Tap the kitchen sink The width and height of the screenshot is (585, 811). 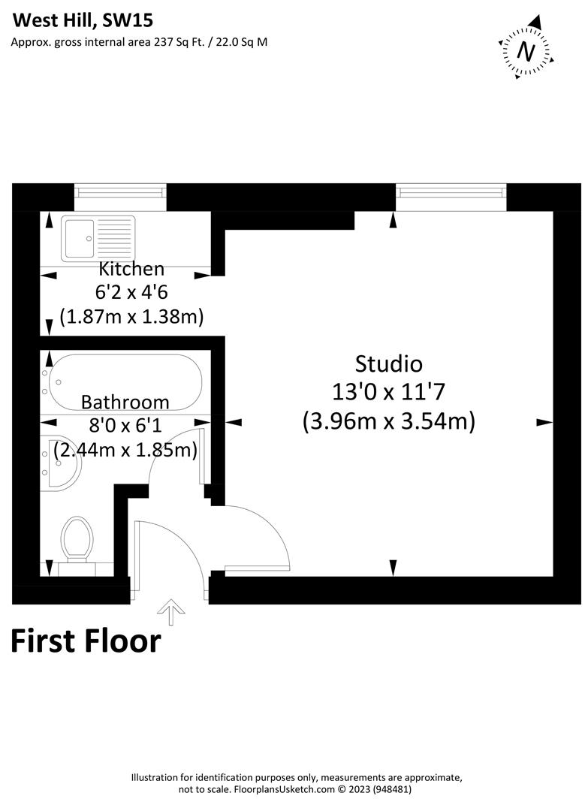point(98,237)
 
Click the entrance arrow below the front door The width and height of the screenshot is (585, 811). point(173,612)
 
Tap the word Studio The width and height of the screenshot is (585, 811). point(388,364)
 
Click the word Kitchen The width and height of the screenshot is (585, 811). point(131,269)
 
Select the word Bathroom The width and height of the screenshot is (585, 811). point(125,402)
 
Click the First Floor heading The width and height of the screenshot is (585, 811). point(86,641)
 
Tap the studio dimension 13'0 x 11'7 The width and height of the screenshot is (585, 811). point(388,392)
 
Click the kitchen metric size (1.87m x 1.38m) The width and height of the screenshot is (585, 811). point(131,317)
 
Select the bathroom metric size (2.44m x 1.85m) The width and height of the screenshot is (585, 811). point(125,451)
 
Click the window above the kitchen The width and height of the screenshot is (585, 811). point(120,194)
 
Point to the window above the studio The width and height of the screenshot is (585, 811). point(451,194)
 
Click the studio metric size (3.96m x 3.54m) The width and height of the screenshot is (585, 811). point(388,421)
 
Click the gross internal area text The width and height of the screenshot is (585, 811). point(139,42)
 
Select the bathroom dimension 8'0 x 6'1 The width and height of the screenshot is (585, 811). point(125,427)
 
